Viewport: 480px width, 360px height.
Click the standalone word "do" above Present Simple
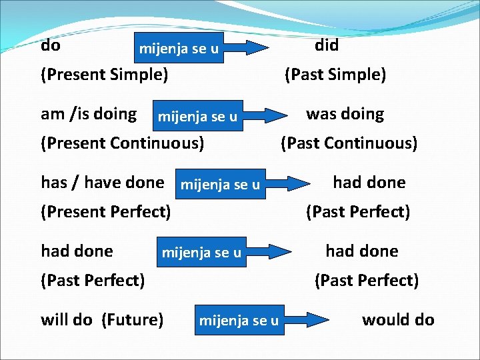tap(51, 46)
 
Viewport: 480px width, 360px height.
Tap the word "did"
tap(327, 46)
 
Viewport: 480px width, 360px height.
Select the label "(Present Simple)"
tap(104, 75)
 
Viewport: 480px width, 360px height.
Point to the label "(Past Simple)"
tap(335, 75)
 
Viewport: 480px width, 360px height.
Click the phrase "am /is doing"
tap(89, 114)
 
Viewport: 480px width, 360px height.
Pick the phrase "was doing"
tap(345, 114)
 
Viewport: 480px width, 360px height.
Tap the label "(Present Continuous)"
tap(123, 143)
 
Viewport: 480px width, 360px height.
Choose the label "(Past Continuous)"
tap(349, 143)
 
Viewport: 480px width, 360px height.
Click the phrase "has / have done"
tap(102, 182)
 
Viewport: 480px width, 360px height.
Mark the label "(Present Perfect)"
tap(106, 212)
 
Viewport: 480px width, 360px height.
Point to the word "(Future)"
tap(133, 320)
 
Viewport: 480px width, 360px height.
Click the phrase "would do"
tap(398, 320)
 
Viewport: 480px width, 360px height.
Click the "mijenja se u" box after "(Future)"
tap(239, 321)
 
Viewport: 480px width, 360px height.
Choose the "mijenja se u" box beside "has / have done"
tap(220, 185)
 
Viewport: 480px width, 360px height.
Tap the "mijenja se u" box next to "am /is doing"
tap(197, 117)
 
